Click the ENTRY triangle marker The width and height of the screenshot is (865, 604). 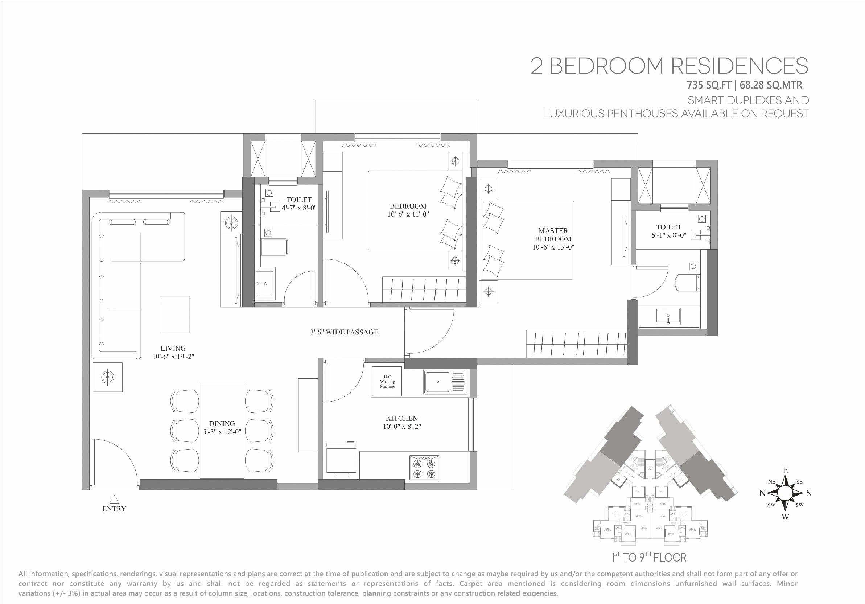point(114,499)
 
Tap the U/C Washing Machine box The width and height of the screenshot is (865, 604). point(387,381)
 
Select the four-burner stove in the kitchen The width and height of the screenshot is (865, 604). point(424,467)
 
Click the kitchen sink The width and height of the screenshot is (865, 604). point(445,382)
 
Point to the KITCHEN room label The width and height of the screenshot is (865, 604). point(401,418)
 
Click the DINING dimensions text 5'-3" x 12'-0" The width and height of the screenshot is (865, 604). point(222,432)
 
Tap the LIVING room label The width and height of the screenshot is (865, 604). point(173,348)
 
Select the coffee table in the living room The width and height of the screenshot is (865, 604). point(174,315)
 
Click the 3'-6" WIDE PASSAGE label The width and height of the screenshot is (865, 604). point(344,332)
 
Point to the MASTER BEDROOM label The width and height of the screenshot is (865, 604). point(553,235)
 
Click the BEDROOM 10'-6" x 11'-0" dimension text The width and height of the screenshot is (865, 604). point(408,214)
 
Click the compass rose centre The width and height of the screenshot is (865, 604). point(785,493)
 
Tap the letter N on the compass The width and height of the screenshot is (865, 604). point(762,493)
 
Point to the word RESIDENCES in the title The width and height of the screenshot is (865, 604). point(740,66)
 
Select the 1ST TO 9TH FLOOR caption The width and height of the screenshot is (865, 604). point(649,557)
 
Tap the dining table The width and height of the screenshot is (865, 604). point(222,431)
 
